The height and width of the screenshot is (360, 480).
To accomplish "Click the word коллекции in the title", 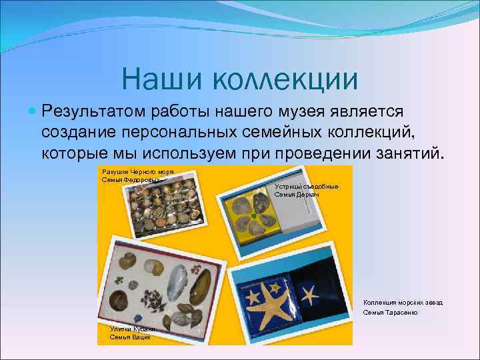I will pos(286,79).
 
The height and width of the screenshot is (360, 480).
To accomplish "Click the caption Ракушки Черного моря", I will pos(137,172).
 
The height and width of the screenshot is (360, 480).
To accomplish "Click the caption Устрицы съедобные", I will pos(306,187).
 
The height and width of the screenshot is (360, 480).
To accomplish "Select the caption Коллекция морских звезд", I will pos(403,303).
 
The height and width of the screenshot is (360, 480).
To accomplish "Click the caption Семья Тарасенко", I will pos(390,313).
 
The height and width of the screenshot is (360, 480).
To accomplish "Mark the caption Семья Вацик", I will pos(130,337).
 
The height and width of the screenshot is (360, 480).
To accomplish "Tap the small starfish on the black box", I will pos(309,292).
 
